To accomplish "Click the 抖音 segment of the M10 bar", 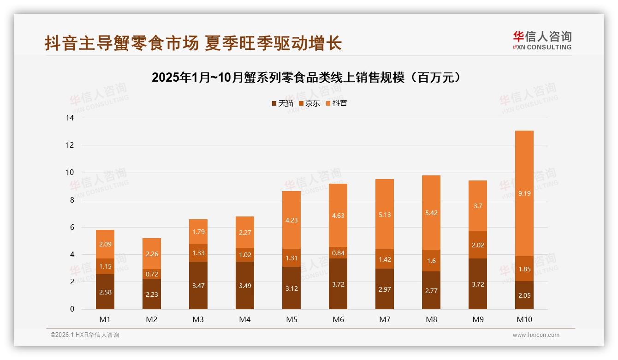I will (x=524, y=193).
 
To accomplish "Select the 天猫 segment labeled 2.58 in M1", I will (x=105, y=292).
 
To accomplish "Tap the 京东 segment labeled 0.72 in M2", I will (x=152, y=274).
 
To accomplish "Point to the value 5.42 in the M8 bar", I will (x=431, y=213).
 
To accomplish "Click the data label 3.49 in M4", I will (x=245, y=286).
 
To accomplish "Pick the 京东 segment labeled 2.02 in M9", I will (x=477, y=245).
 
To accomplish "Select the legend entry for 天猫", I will (x=282, y=103).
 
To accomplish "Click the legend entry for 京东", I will (x=309, y=103).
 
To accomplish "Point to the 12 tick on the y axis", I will (x=70, y=145).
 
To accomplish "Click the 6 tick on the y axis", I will (x=72, y=227).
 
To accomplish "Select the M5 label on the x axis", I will (x=291, y=319).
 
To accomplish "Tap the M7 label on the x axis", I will (x=385, y=319).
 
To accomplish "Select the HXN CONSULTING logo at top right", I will (x=542, y=41).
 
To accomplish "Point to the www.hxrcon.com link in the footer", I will (x=535, y=335).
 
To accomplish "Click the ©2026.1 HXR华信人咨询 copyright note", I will (x=85, y=335).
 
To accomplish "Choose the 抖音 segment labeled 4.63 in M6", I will (x=338, y=216).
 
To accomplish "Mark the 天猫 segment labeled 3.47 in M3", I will (x=198, y=286).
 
